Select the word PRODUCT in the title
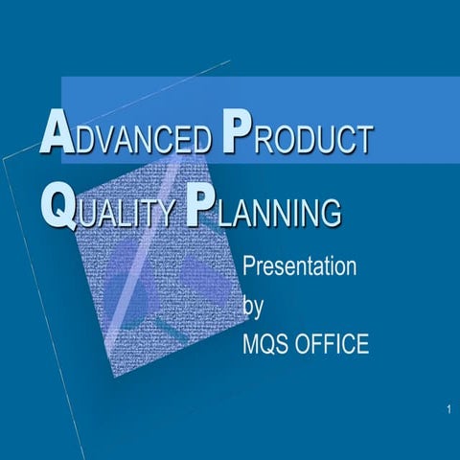click(296, 139)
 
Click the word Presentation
click(300, 265)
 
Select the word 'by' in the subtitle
click(253, 306)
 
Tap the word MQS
click(267, 344)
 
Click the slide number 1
click(448, 411)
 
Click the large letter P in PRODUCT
click(236, 134)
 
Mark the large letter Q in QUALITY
click(57, 205)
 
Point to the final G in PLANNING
click(332, 212)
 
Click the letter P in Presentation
click(250, 265)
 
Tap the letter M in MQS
click(252, 344)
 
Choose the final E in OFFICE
click(361, 344)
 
